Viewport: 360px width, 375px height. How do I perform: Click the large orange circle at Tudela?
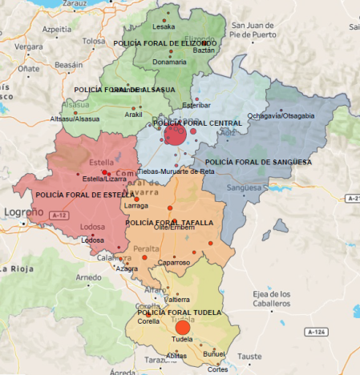[x=182, y=327]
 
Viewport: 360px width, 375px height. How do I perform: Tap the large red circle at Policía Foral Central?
[x=175, y=135]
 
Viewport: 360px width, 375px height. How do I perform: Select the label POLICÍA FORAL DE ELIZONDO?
[x=165, y=42]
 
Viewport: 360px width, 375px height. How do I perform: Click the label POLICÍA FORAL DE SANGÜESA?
[x=264, y=162]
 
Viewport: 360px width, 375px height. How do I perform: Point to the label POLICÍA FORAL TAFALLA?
[x=169, y=223]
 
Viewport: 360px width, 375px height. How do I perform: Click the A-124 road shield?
[x=317, y=331]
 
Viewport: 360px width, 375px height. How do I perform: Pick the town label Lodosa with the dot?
[x=93, y=240]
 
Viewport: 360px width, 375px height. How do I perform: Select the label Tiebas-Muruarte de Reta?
[x=175, y=171]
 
